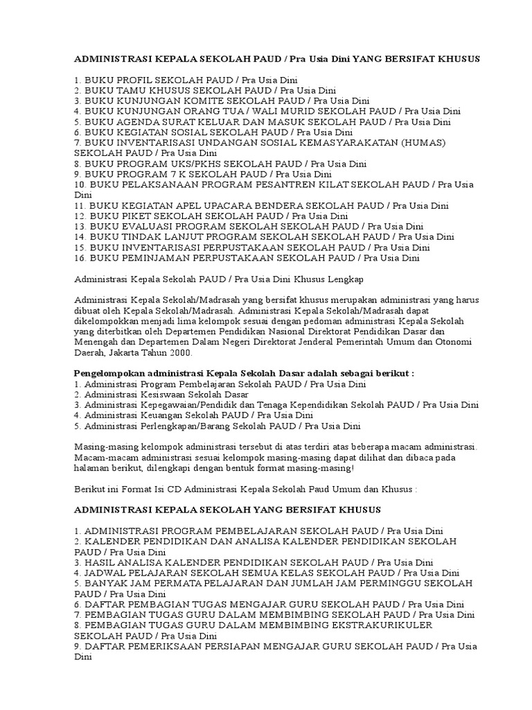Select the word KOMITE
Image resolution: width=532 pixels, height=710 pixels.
[190, 101]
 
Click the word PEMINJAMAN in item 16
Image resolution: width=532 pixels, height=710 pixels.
[156, 258]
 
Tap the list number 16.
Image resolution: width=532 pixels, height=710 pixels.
[80, 258]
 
